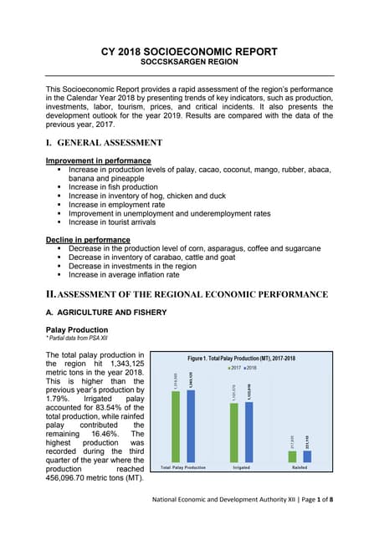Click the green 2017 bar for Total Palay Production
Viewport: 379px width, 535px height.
click(x=176, y=426)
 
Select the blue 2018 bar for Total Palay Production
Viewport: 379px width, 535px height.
click(x=190, y=426)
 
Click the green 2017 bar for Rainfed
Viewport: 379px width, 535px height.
click(x=292, y=456)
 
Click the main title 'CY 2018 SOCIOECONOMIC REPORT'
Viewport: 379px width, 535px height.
click(x=189, y=52)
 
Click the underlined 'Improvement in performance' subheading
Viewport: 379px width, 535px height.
click(x=98, y=160)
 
